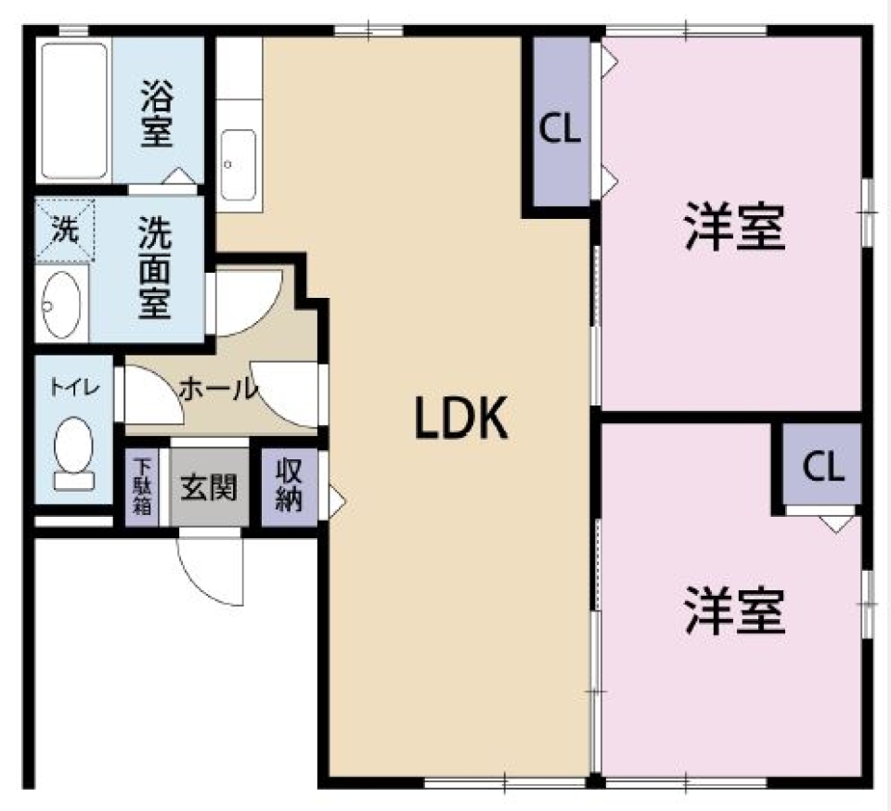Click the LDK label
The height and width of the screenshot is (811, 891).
coord(460,419)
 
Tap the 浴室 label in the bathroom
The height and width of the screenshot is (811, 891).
coord(157,113)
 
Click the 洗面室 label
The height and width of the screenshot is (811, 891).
coord(154,267)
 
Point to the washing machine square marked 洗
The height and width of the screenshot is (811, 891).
coord(65,230)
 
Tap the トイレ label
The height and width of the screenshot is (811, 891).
coord(73,384)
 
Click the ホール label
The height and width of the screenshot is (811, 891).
coord(217,389)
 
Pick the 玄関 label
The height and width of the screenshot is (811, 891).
coord(209,486)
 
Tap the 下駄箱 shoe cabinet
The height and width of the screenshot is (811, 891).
coord(142,487)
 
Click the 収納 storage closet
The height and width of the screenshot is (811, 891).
coord(289,486)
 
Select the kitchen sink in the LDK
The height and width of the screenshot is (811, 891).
coord(239,163)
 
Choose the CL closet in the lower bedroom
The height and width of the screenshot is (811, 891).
coord(822,467)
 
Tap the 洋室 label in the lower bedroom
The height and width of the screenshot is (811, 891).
coord(735,610)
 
